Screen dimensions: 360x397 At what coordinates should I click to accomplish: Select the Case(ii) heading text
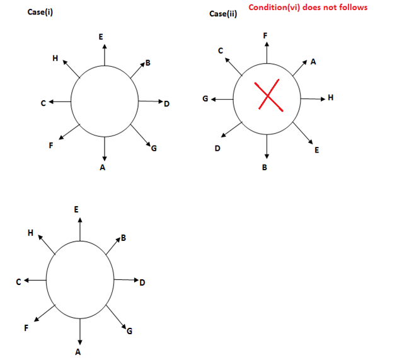[222, 14]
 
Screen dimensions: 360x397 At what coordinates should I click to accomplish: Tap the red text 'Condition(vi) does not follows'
[308, 8]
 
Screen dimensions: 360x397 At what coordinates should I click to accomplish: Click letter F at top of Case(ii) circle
[266, 35]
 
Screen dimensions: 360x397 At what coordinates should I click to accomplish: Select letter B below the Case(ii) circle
[265, 168]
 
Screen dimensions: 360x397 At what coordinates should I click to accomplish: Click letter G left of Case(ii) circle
[204, 99]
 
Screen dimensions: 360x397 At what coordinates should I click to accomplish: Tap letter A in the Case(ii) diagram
[313, 62]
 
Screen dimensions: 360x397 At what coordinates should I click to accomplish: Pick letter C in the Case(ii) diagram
[220, 50]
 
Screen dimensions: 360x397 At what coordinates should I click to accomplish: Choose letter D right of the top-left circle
[167, 103]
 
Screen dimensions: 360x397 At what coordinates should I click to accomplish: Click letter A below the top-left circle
[103, 168]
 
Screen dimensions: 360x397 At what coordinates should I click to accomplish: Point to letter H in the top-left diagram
[55, 58]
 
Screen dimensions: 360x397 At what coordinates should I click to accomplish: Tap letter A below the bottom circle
[78, 352]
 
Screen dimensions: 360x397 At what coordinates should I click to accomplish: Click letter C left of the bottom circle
[20, 282]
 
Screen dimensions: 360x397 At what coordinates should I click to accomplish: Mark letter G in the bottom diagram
[130, 332]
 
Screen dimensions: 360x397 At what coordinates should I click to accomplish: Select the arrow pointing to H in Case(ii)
[313, 98]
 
